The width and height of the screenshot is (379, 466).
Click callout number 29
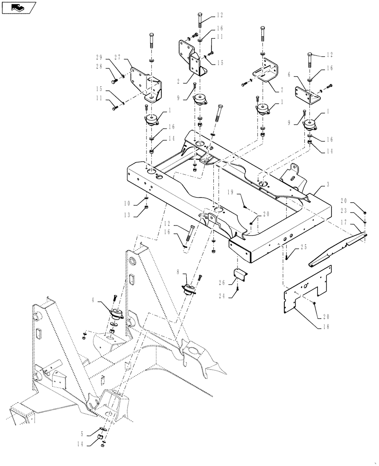(99, 57)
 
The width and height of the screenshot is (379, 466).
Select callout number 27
(117, 57)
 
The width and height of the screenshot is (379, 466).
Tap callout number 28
(99, 67)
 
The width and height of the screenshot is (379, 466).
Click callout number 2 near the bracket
(178, 80)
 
